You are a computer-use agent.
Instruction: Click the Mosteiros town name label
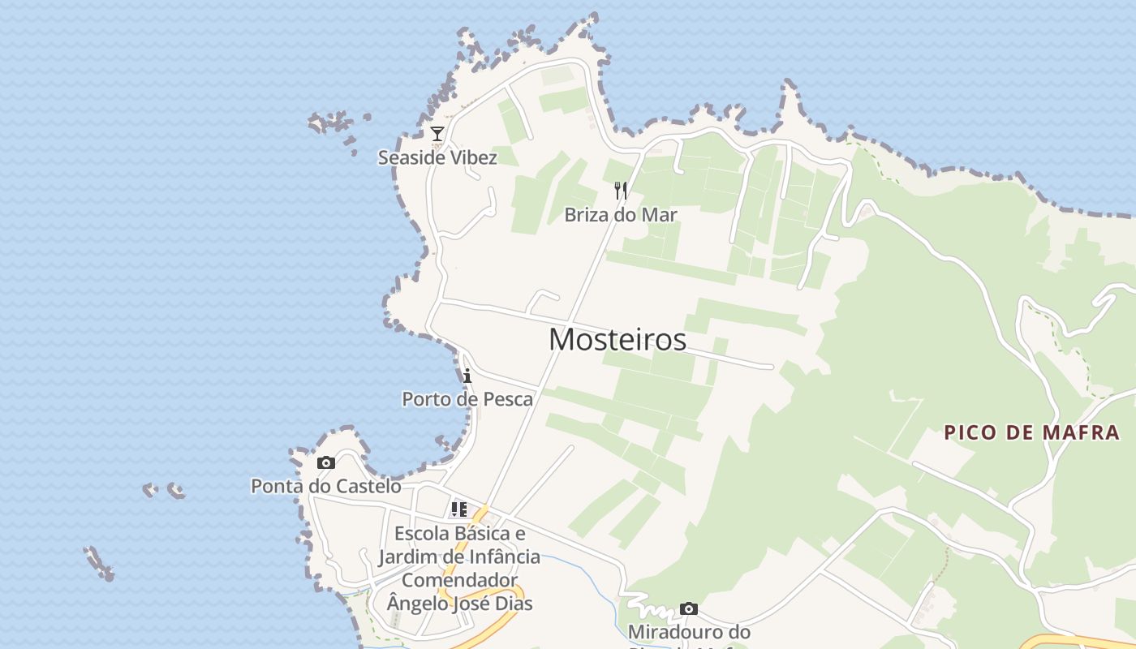[x=617, y=339]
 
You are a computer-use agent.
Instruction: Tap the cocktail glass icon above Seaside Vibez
[x=437, y=134]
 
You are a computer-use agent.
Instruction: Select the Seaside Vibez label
[x=437, y=157]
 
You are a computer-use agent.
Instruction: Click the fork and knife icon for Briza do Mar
[x=621, y=191]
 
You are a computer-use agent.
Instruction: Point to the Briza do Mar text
[x=621, y=215]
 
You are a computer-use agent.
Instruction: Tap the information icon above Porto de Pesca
[x=467, y=376]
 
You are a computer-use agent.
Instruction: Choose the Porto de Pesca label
[x=468, y=399]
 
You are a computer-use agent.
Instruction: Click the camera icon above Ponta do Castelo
[x=326, y=462]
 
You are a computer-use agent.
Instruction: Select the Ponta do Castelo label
[x=326, y=486]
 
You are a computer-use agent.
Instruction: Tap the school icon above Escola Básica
[x=459, y=509]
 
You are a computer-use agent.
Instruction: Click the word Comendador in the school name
[x=459, y=580]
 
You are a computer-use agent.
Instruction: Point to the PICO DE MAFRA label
[x=1032, y=432]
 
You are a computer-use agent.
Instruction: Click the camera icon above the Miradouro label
[x=689, y=608]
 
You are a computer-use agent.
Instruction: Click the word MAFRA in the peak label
[x=1082, y=432]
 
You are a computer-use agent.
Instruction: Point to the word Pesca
[x=509, y=399]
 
